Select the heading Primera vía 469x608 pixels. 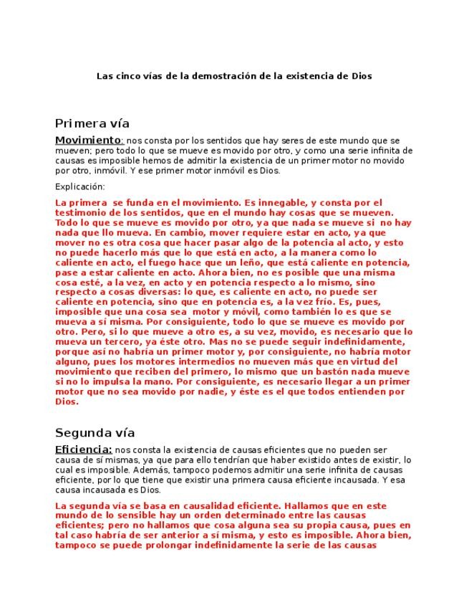point(92,123)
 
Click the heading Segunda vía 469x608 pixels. point(95,433)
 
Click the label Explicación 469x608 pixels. point(79,186)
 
